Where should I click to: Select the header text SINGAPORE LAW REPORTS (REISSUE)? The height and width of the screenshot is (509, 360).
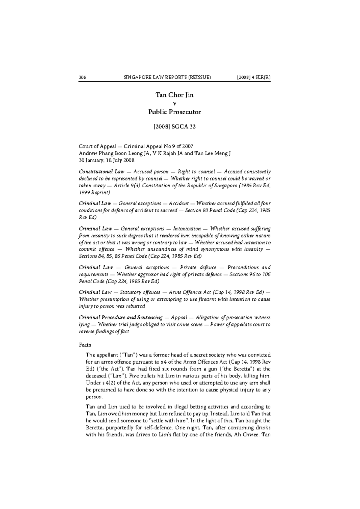pos(167,77)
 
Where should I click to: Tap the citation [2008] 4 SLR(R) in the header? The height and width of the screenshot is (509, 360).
pos(253,77)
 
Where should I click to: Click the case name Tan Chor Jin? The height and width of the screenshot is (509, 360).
pos(175,95)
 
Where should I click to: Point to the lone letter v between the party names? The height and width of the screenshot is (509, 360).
pos(175,104)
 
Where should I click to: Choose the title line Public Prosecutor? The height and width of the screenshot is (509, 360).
pos(175,112)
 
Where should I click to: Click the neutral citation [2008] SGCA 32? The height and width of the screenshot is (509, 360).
pos(175,127)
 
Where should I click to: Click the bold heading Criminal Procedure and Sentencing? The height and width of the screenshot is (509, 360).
pos(121,317)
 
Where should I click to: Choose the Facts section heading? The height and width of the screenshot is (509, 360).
pos(85,345)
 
